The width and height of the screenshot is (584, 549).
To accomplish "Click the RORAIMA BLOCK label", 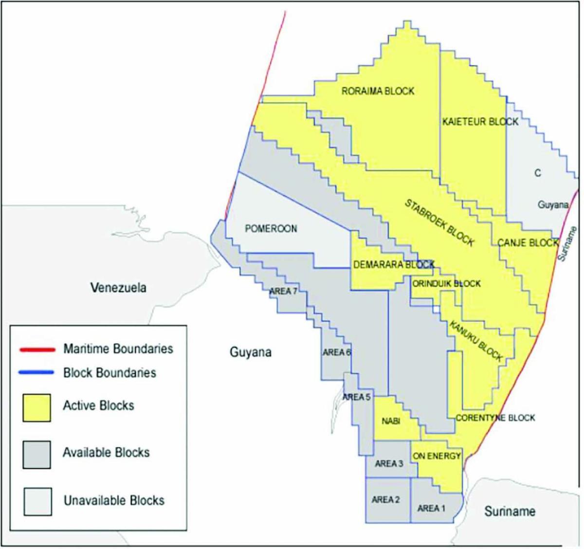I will (378, 91).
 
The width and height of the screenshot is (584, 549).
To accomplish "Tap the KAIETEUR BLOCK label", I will (480, 122).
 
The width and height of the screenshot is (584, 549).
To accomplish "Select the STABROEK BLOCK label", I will (439, 222).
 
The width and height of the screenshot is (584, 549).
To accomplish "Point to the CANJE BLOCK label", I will (528, 242).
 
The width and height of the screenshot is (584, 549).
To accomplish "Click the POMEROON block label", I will (271, 229).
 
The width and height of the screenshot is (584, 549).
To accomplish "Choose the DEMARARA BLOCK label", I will (393, 265).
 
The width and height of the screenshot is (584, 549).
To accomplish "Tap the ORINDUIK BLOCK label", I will (446, 284).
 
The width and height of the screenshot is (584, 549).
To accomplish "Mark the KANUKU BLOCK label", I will (475, 341).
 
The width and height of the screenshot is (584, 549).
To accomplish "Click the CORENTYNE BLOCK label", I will (495, 418).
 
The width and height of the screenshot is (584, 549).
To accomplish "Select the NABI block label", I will (391, 421).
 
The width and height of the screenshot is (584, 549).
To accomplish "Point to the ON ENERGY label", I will (437, 456).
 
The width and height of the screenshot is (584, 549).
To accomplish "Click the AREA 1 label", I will (431, 508).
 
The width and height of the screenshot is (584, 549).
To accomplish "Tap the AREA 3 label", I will (389, 464).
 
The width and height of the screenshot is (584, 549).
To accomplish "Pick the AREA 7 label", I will (283, 291).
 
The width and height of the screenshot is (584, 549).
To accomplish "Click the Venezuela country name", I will (118, 288).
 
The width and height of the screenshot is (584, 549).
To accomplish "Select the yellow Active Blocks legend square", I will (36, 407).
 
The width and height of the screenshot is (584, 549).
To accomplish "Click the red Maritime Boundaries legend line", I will (36, 349).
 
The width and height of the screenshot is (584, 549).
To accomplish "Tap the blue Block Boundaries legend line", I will (36, 373).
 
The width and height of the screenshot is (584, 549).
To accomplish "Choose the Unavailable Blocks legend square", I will (37, 501).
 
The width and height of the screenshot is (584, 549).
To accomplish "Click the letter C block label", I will (537, 173).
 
